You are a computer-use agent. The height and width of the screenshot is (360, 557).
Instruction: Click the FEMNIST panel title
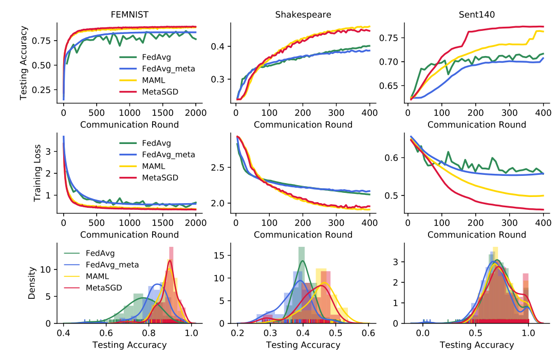pos(129,14)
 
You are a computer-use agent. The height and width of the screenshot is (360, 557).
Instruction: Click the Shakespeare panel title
pos(303,14)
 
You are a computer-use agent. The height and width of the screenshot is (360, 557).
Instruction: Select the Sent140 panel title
pos(476,14)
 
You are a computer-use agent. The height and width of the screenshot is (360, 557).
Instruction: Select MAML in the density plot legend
pos(97,276)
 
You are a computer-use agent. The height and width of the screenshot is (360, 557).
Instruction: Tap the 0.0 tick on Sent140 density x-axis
pos(423,333)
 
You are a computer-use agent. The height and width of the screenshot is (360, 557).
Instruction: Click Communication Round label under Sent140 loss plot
pos(476,235)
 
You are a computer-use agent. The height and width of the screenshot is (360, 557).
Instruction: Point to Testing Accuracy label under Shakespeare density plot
pos(303,345)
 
